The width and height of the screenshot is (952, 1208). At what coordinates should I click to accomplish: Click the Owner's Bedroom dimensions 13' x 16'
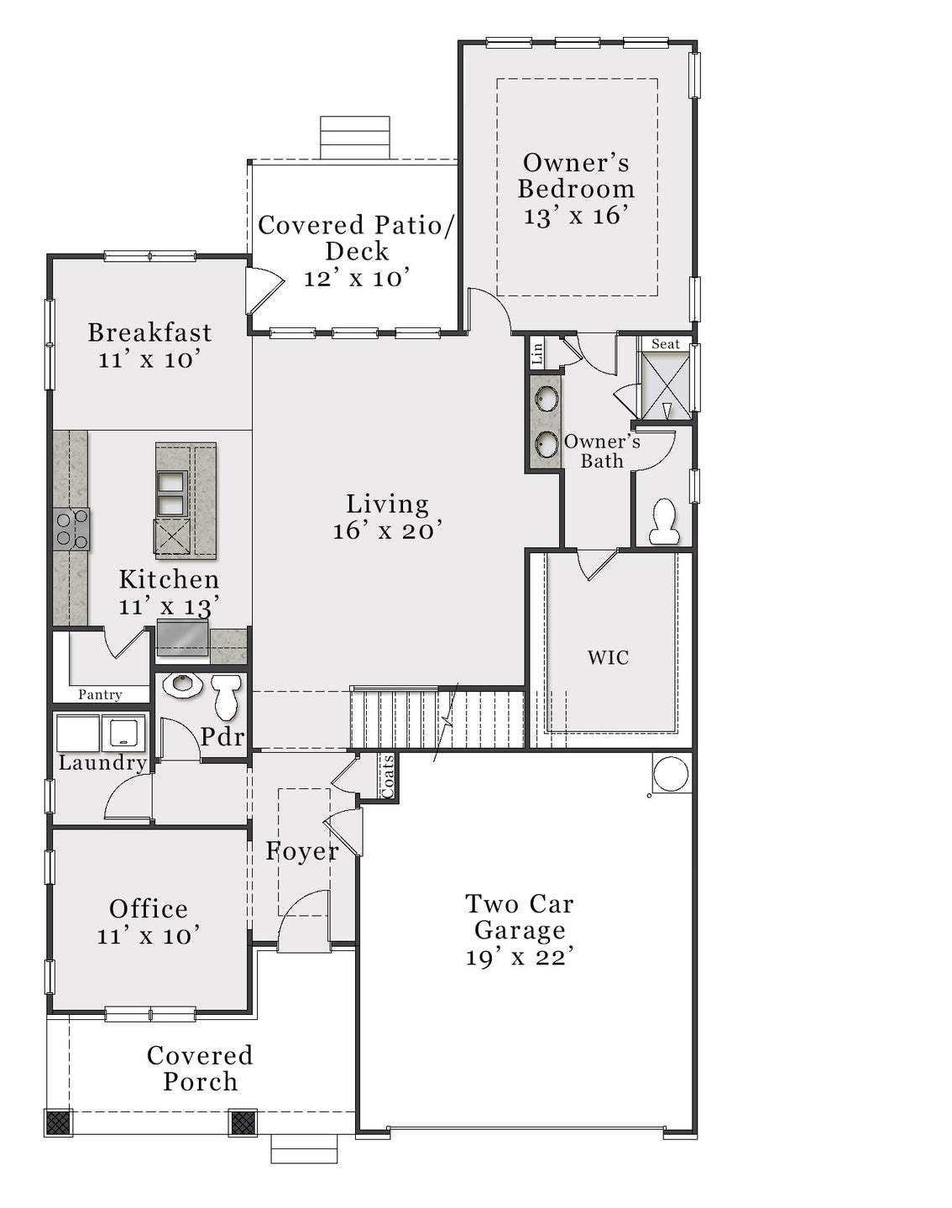click(x=576, y=216)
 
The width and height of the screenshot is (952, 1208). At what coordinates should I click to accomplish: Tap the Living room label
click(x=387, y=504)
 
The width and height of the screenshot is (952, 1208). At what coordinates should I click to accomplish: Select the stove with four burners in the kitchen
click(x=70, y=529)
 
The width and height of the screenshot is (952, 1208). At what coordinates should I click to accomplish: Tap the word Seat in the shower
click(x=666, y=344)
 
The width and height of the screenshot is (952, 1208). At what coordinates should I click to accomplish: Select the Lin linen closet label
click(x=537, y=353)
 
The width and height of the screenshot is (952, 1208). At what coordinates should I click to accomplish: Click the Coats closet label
click(x=387, y=777)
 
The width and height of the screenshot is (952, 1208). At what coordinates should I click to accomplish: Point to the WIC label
click(x=608, y=657)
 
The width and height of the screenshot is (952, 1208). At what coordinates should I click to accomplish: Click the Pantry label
click(x=100, y=695)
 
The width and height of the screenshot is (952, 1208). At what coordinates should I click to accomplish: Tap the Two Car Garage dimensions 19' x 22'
click(x=520, y=957)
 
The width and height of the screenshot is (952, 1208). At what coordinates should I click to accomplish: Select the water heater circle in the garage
click(x=671, y=774)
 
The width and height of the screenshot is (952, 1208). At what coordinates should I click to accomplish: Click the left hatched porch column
click(x=60, y=1122)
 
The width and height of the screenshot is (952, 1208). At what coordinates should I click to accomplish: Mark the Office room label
click(x=149, y=908)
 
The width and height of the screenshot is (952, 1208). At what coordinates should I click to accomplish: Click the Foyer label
click(x=302, y=851)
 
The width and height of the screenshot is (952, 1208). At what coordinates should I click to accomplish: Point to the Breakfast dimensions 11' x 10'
click(x=149, y=359)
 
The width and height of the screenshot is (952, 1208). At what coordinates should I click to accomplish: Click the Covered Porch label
click(x=200, y=1068)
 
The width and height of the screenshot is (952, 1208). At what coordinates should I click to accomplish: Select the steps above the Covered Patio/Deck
click(x=355, y=137)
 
